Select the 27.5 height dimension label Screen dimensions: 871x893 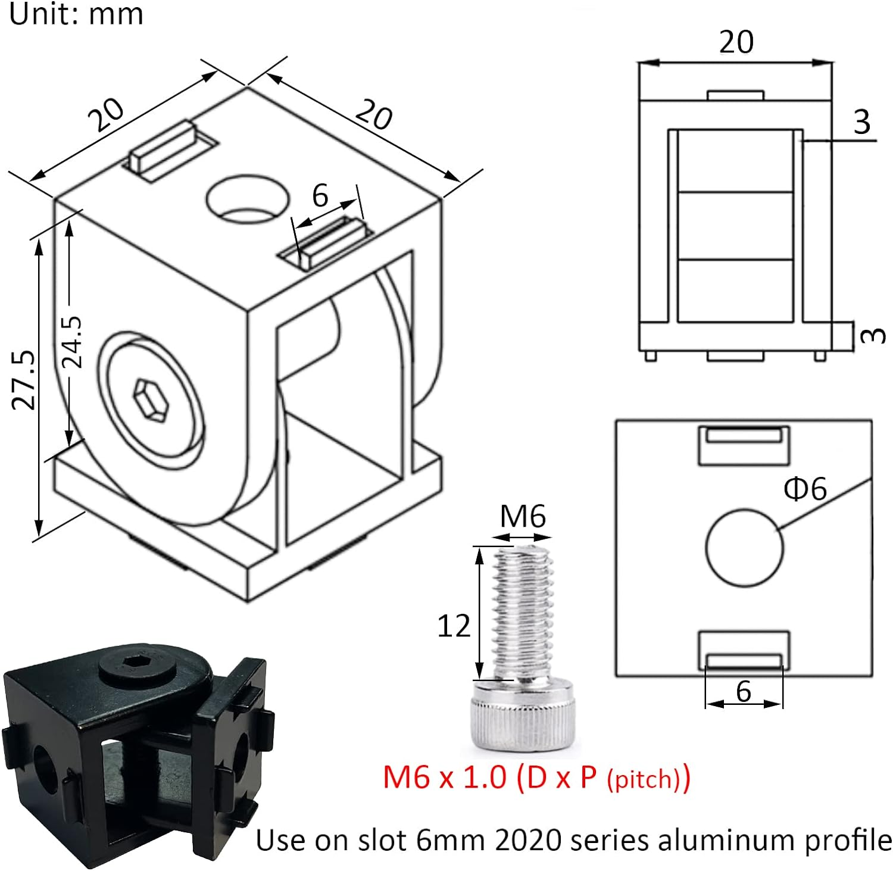click(x=26, y=380)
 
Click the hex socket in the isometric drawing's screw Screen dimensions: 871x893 click(x=150, y=401)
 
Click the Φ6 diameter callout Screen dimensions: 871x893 click(x=805, y=489)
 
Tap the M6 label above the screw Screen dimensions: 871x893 click(x=522, y=516)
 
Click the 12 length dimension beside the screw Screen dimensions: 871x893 click(x=454, y=626)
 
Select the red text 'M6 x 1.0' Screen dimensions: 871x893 click(x=444, y=778)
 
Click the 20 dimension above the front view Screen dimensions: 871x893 click(x=736, y=42)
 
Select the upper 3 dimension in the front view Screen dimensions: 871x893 click(x=861, y=122)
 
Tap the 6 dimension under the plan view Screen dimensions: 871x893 click(x=744, y=691)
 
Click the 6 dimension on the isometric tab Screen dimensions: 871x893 click(x=320, y=195)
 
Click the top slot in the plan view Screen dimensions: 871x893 click(x=744, y=445)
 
